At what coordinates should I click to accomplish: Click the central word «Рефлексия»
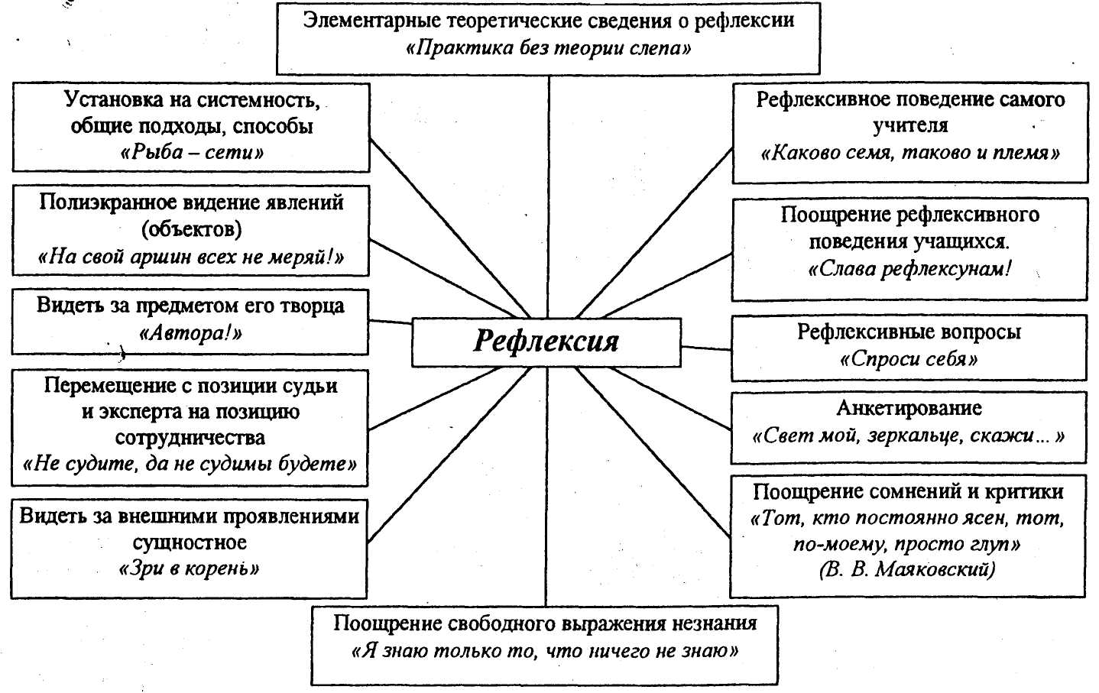tap(546, 341)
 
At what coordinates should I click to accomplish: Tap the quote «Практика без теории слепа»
tap(549, 49)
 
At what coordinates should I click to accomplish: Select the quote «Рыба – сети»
tap(192, 152)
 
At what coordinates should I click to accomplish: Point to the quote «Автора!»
tap(191, 333)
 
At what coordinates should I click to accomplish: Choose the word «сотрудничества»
tap(190, 438)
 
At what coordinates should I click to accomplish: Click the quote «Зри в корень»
tap(190, 568)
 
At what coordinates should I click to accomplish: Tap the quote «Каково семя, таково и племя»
tap(910, 153)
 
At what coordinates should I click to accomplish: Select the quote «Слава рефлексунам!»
tap(909, 269)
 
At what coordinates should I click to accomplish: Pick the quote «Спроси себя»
tap(909, 359)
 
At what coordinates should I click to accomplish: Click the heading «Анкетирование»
tap(909, 408)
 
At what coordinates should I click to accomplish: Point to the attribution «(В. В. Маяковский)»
tap(907, 569)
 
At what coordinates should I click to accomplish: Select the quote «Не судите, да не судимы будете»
tap(190, 464)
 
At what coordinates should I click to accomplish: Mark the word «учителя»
tap(910, 125)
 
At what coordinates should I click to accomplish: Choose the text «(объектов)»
tap(191, 228)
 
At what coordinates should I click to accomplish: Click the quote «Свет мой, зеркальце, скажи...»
tap(909, 436)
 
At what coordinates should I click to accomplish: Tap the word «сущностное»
tap(190, 542)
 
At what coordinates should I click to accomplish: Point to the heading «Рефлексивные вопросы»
tap(909, 332)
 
